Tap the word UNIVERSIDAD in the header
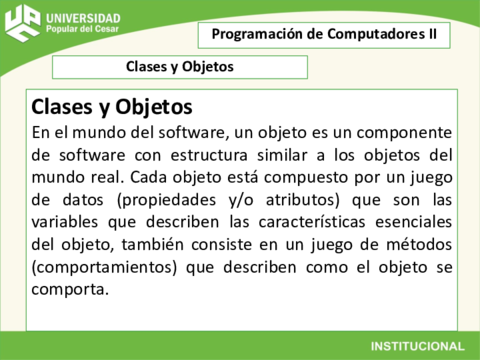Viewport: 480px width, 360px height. pos(84,18)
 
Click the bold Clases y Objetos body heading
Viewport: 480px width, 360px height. pos(112,106)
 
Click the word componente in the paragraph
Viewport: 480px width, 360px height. pos(400,132)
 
